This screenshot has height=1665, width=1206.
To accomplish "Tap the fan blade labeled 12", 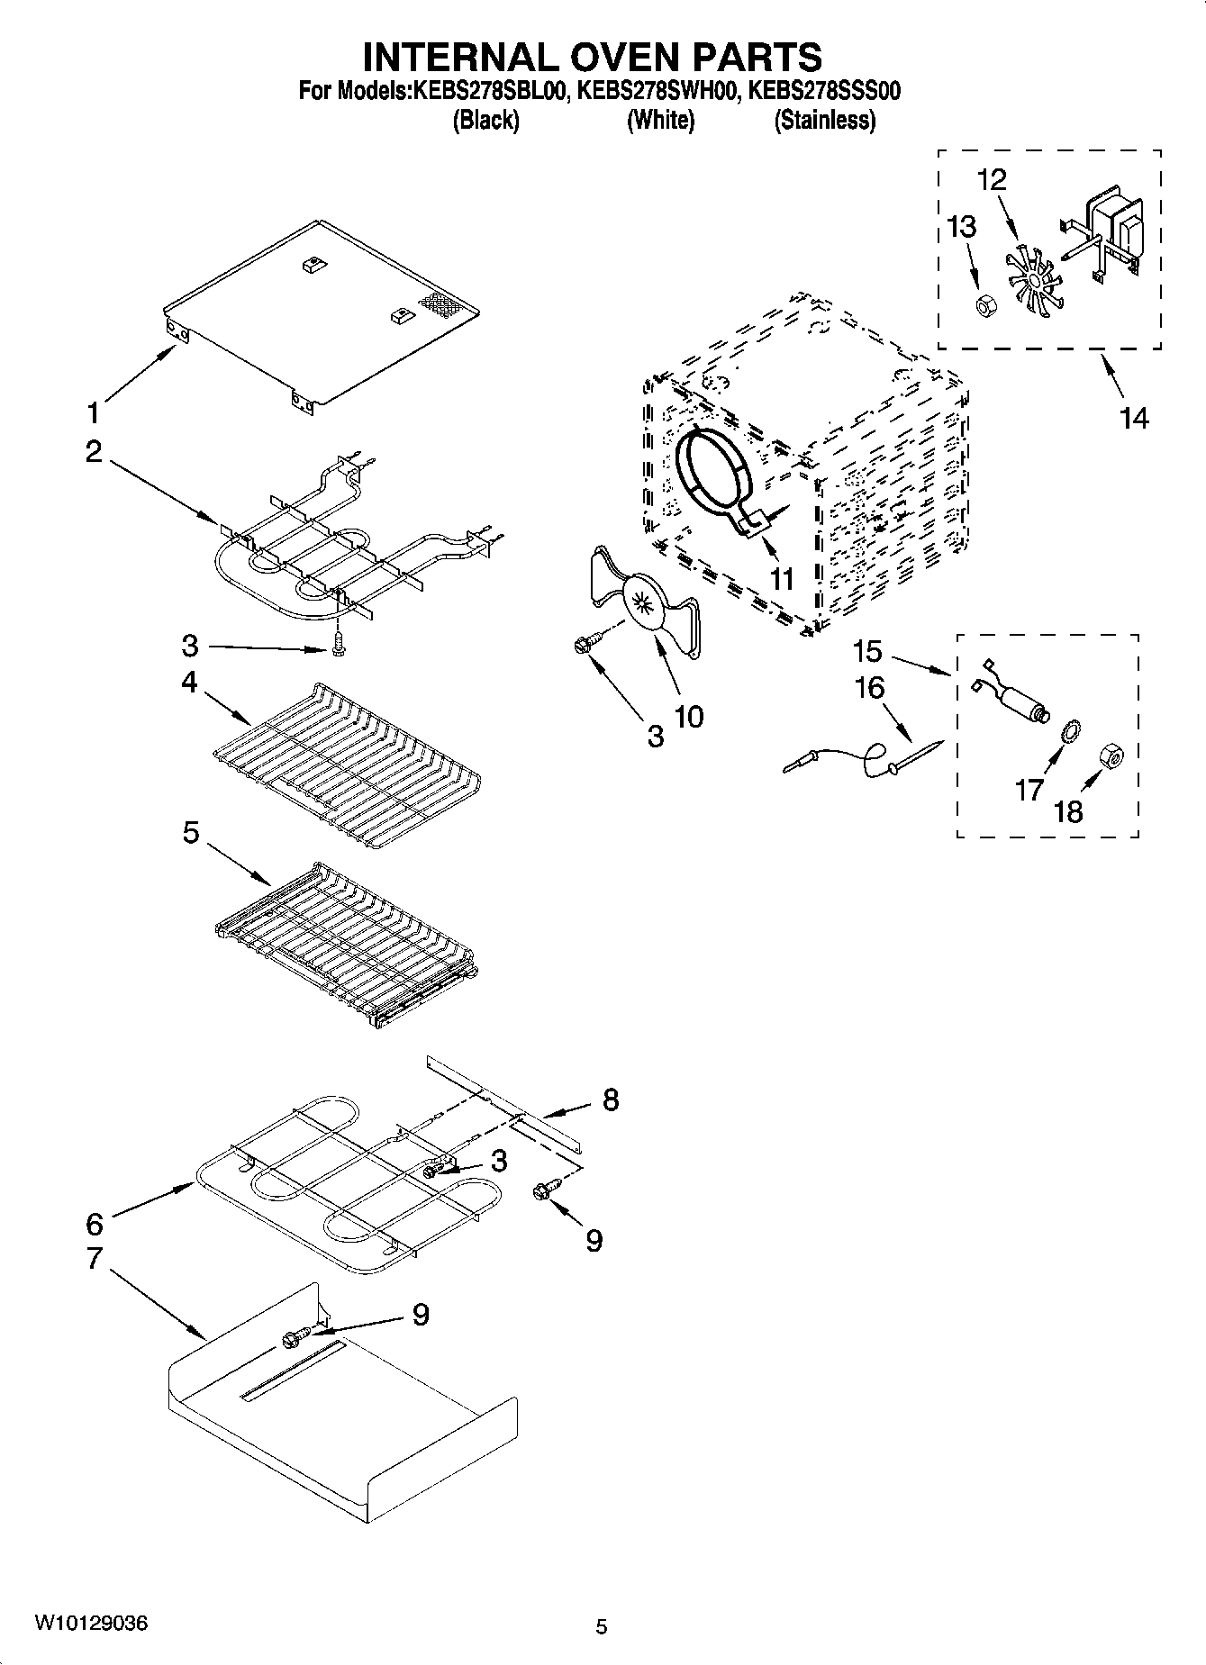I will [1027, 281].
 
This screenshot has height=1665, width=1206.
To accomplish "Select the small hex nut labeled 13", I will [984, 307].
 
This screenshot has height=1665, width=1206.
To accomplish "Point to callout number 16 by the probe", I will [869, 688].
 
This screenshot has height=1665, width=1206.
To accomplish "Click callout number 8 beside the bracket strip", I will [611, 1099].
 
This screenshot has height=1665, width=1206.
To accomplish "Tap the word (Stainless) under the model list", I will [824, 120].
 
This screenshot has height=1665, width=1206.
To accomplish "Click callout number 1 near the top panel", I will [94, 413].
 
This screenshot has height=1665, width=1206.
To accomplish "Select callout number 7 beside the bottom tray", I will [95, 1258].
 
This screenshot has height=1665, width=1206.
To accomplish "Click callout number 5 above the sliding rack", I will [190, 833].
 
